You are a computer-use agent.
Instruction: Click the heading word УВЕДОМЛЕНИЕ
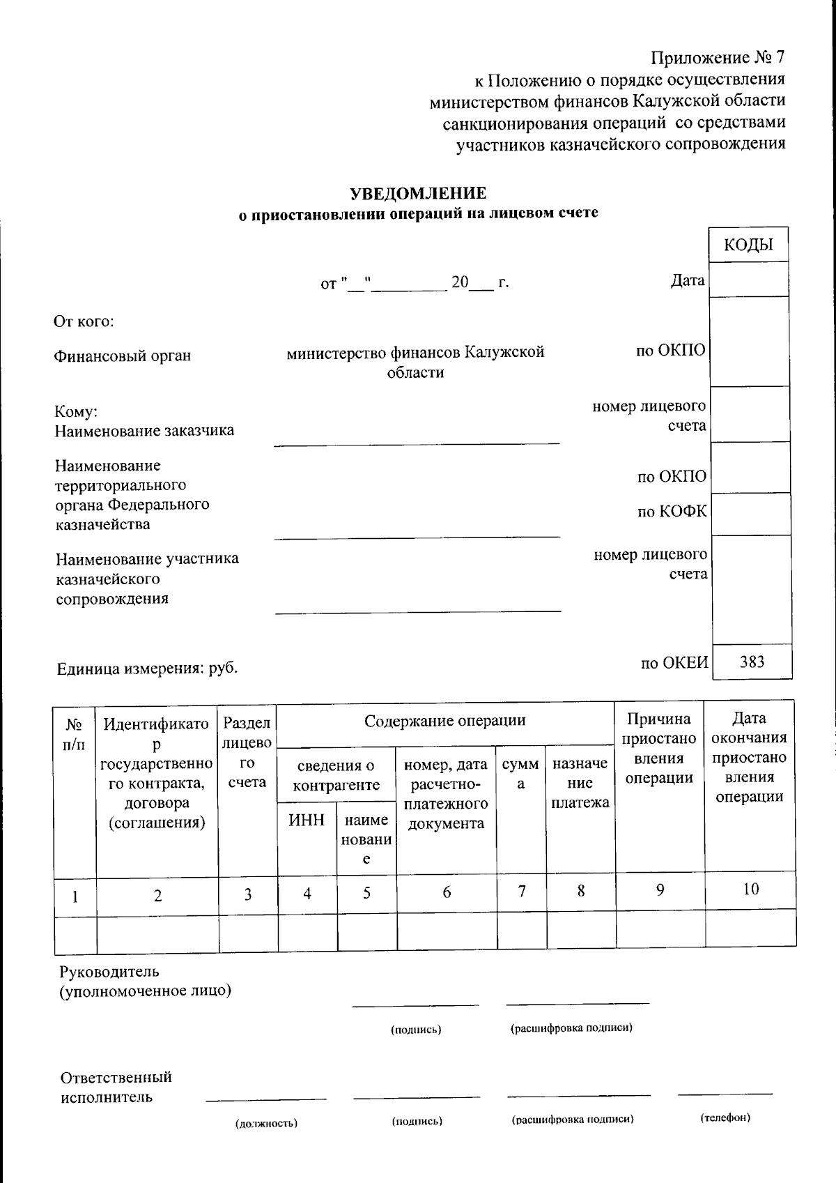417,193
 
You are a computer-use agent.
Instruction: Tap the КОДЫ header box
748,245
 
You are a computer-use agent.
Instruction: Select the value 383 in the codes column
752,662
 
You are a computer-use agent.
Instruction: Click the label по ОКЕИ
674,663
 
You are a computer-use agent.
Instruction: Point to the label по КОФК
672,512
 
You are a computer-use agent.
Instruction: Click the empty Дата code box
748,280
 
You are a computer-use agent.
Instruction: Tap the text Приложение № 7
718,57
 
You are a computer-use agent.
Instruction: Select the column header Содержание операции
444,721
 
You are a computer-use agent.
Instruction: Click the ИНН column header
307,821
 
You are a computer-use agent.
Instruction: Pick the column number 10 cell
750,890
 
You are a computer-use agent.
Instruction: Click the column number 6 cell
447,892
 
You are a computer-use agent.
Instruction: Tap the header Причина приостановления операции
659,749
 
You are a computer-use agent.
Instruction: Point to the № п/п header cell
75,735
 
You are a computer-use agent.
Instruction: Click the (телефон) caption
725,1117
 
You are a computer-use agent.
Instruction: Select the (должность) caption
266,1123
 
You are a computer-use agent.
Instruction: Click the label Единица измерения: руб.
147,669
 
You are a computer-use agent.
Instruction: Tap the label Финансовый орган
123,356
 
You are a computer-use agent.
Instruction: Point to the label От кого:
84,321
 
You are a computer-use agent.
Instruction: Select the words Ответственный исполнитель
116,1087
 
